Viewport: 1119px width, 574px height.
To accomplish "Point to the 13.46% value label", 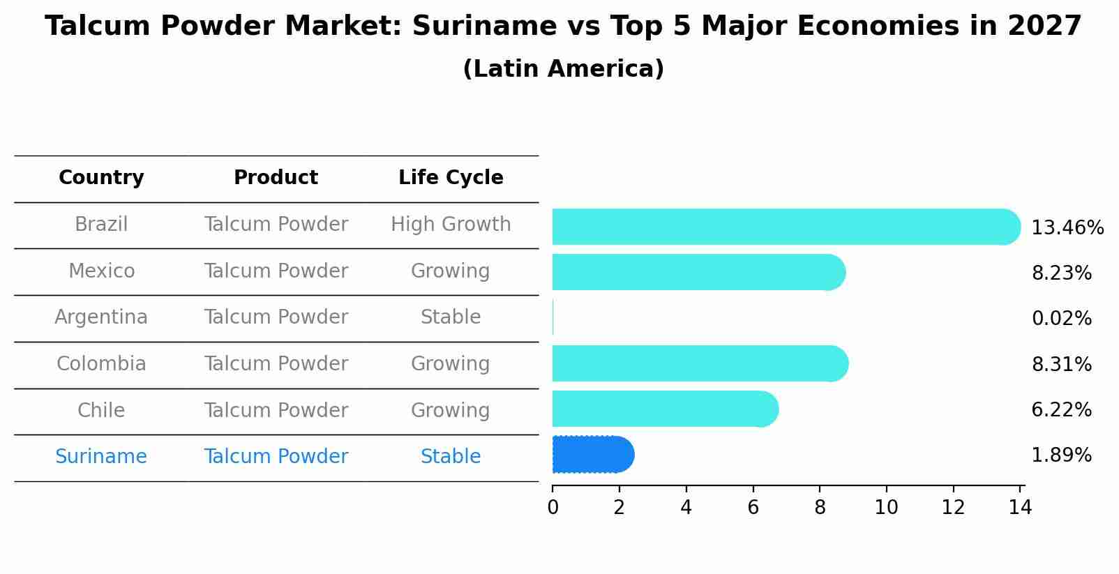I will pos(1067,228).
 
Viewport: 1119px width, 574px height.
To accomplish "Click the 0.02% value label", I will pos(1061,319).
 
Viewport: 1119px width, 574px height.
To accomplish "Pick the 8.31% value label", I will pos(1061,365).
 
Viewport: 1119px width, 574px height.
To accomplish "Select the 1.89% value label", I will pos(1061,455).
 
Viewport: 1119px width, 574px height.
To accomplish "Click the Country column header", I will pos(101,178).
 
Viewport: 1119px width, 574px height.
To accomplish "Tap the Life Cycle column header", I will pos(451,178).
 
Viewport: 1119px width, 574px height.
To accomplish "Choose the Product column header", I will pos(276,178).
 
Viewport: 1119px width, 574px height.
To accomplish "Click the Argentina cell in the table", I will pos(101,317).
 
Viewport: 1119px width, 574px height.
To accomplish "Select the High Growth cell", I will pos(451,225).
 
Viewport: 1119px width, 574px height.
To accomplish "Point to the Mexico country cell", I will pos(101,271).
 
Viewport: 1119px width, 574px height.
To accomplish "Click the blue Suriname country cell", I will pos(101,457).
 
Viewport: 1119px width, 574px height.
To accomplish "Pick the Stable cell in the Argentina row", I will pos(451,317).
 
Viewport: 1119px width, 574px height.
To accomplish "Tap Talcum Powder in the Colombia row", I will pos(276,364).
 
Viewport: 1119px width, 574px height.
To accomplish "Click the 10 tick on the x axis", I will pos(886,508).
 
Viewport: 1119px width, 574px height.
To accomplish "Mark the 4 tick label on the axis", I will pos(686,508).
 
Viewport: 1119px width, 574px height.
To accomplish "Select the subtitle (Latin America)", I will pos(563,69).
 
